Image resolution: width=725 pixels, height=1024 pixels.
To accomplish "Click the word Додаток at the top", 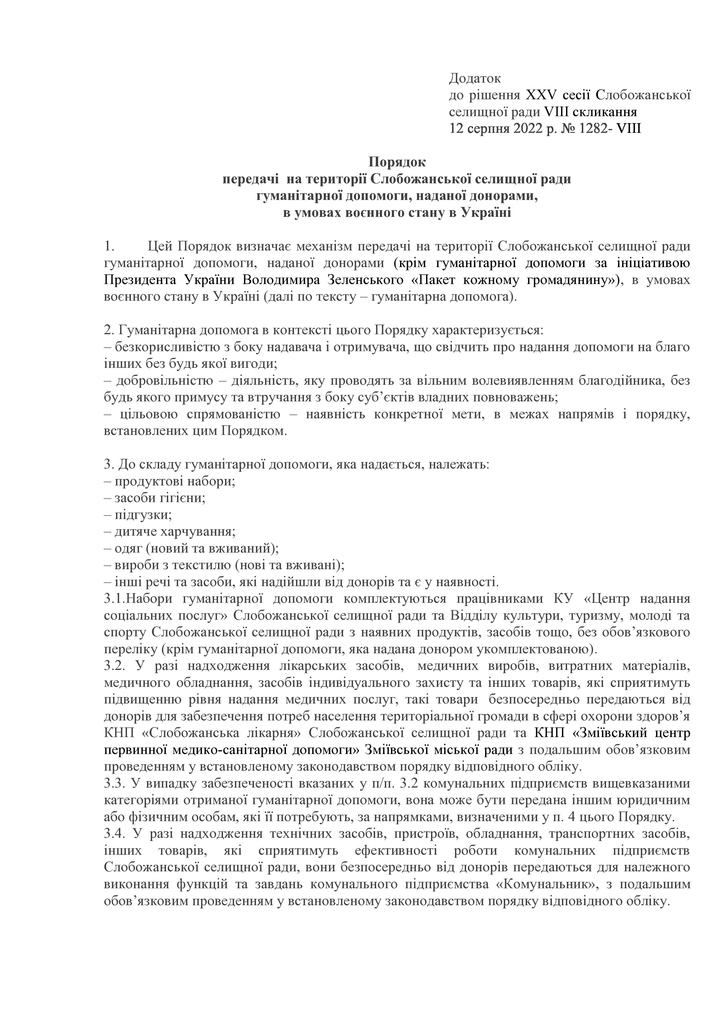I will pos(475,79).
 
